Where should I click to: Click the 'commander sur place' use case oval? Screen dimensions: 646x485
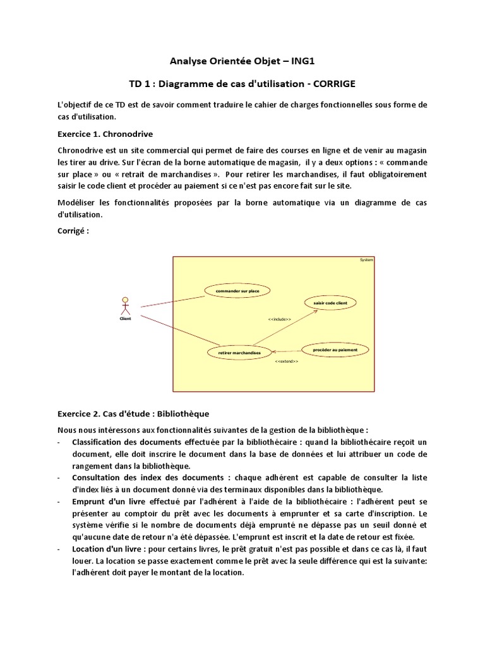coord(237,291)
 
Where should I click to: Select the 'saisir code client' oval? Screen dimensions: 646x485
coord(330,303)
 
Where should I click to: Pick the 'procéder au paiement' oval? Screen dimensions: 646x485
coord(334,349)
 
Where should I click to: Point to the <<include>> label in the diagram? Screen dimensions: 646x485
coord(279,320)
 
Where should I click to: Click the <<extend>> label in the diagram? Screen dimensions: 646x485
coord(287,361)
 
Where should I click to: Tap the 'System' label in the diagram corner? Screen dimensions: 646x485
coord(366,259)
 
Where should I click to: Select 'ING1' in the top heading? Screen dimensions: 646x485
coord(299,61)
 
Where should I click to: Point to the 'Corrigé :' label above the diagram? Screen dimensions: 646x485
coord(73,231)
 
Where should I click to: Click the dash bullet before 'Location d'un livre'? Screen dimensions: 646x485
coord(59,549)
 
